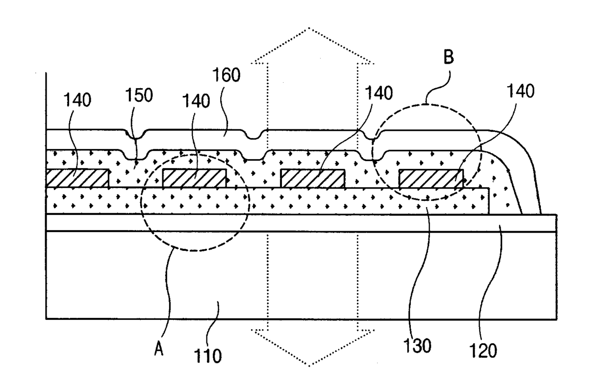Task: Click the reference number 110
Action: [x=208, y=356]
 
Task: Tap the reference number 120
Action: [x=483, y=350]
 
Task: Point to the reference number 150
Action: [x=139, y=95]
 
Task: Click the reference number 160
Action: [x=227, y=74]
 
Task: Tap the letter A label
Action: [x=159, y=348]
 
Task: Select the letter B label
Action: [x=449, y=57]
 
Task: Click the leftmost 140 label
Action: [x=77, y=100]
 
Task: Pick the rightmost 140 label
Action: [x=521, y=91]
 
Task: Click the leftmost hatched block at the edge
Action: [x=77, y=178]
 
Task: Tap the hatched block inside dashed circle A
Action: [x=194, y=178]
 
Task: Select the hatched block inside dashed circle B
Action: [x=431, y=178]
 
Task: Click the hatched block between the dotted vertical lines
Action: [x=313, y=178]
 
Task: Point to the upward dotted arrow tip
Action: [x=309, y=28]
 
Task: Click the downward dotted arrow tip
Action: [x=309, y=366]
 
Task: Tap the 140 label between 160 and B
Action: [x=379, y=93]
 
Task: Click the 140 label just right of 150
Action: [x=196, y=101]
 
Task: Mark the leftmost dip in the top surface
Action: [x=135, y=135]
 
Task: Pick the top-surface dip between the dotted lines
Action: [x=253, y=135]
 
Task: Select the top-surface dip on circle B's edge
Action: [x=373, y=135]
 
